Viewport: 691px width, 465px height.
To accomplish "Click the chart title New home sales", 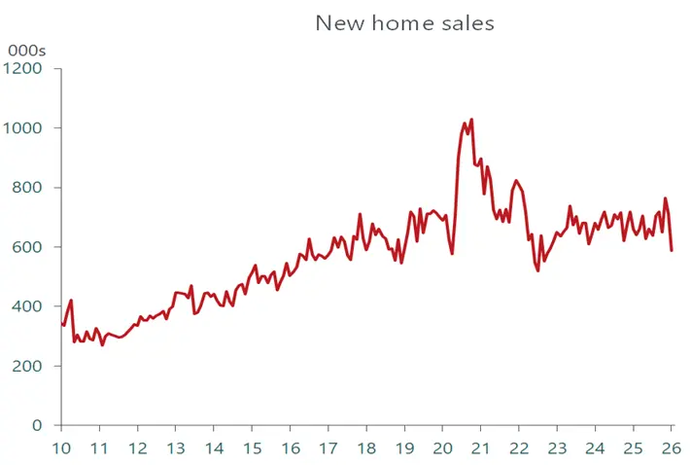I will point(404,23).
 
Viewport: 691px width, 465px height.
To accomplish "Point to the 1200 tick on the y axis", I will point(24,69).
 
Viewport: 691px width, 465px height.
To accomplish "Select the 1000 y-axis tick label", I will point(24,128).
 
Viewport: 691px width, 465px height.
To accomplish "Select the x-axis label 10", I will point(61,448).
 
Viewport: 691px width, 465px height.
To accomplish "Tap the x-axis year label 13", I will point(176,448).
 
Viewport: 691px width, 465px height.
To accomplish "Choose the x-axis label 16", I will point(290,448).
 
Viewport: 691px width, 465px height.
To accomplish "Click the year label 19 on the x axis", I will point(404,448).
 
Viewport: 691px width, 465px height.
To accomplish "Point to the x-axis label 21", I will point(480,448).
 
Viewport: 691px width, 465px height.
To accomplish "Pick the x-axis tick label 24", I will point(595,448).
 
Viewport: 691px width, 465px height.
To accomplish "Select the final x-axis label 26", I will point(671,448).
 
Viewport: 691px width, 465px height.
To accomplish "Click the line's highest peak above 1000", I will point(471,121).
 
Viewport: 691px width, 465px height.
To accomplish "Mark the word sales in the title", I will point(466,23).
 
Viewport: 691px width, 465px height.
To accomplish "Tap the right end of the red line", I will point(672,250).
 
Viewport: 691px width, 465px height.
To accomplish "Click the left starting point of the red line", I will point(61,324).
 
